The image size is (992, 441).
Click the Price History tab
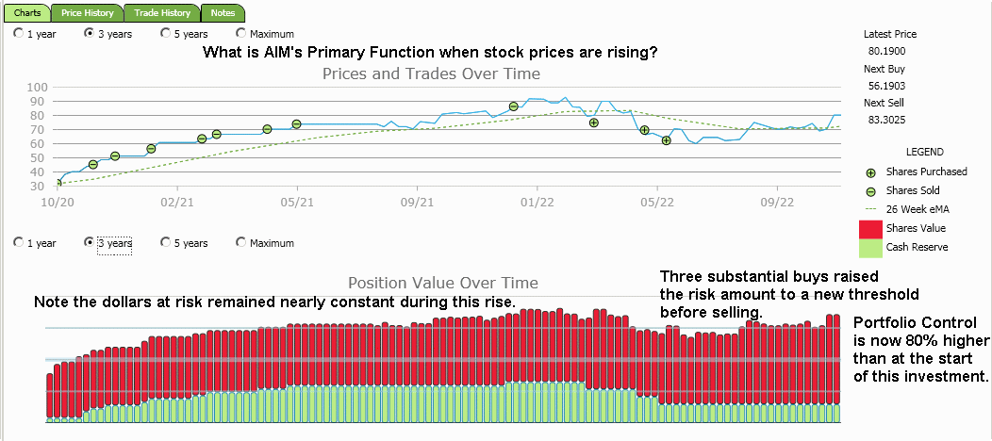tap(87, 13)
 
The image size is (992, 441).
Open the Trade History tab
tap(161, 13)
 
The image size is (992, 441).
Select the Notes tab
tap(223, 13)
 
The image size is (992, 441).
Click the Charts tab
tap(27, 13)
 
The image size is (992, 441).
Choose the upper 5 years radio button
tap(166, 34)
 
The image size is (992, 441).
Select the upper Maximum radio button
tap(241, 34)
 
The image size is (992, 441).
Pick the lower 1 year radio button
tap(19, 243)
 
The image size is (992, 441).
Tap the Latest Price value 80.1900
tap(887, 51)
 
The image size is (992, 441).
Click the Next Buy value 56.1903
tap(887, 86)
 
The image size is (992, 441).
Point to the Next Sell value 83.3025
tap(887, 120)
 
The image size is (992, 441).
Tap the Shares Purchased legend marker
tap(870, 172)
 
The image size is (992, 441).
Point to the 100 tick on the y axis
tap(38, 88)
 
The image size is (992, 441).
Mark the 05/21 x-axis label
tap(297, 202)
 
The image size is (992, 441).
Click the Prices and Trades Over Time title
tap(431, 73)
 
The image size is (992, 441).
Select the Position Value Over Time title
tap(443, 283)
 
